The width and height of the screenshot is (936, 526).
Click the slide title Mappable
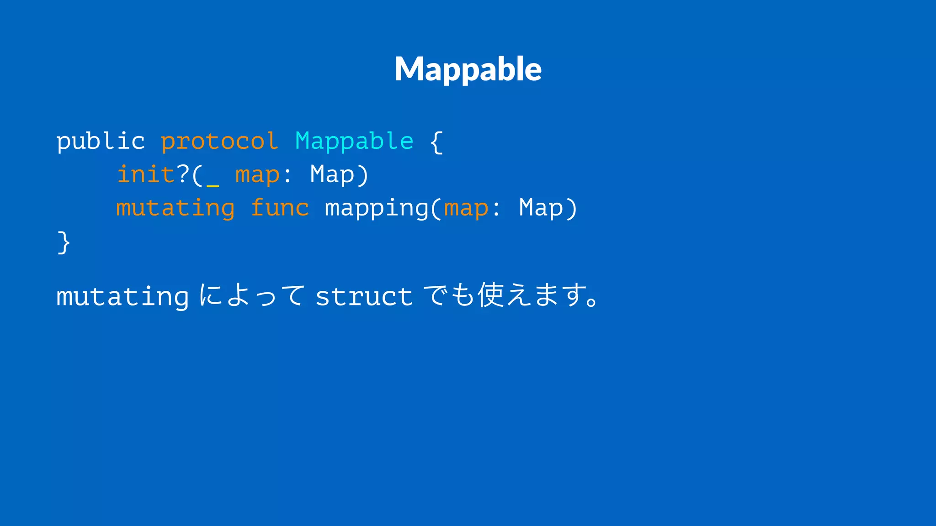[x=468, y=69]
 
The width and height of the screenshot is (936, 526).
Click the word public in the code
[x=101, y=141]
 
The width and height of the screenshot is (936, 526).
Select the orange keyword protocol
[x=219, y=141]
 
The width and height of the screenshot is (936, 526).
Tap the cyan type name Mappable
[x=354, y=141]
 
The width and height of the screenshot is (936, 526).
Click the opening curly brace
[x=436, y=142]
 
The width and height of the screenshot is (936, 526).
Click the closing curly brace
[x=64, y=242]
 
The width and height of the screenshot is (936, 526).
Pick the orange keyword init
[x=146, y=174]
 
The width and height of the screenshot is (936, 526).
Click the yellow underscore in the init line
[x=213, y=185]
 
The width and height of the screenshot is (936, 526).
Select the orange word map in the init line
[x=257, y=175]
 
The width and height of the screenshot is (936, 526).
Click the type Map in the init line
[x=332, y=174]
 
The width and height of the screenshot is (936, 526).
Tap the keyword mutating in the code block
[x=175, y=209]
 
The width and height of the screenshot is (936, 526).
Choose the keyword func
[x=280, y=208]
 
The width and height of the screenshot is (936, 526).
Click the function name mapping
[x=377, y=209]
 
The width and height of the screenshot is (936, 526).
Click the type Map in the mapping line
[x=541, y=209]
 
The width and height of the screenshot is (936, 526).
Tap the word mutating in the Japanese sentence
[x=122, y=297]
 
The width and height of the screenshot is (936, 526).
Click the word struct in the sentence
[x=364, y=297]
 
